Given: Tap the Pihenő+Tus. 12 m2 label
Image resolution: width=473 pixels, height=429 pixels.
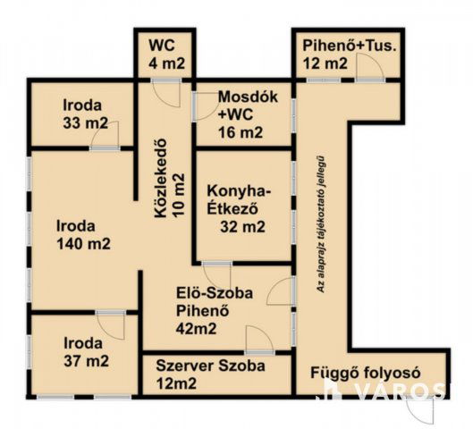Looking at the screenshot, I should click(x=337, y=55).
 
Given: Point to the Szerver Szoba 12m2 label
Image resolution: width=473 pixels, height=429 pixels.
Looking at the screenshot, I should click(x=211, y=374).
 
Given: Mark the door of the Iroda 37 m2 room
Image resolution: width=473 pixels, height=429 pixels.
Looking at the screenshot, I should click(x=111, y=324).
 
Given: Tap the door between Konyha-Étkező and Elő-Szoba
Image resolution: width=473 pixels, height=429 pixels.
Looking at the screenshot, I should click(x=216, y=274).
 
